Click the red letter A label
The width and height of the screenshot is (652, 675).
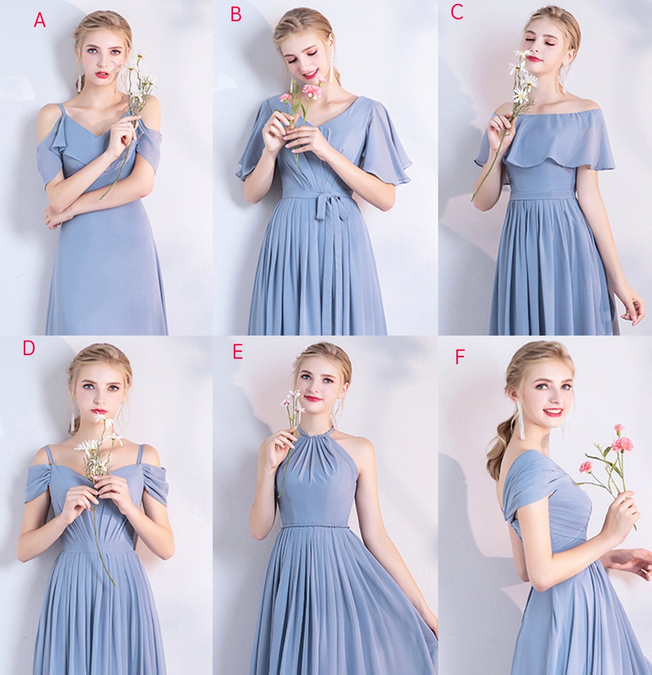tap(40, 20)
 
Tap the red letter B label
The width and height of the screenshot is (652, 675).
tap(236, 14)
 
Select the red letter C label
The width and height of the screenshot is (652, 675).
tap(457, 12)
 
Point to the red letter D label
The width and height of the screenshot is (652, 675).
tap(29, 348)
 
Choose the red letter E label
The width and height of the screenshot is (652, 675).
tap(237, 352)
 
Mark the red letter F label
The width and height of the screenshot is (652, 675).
tap(459, 357)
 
